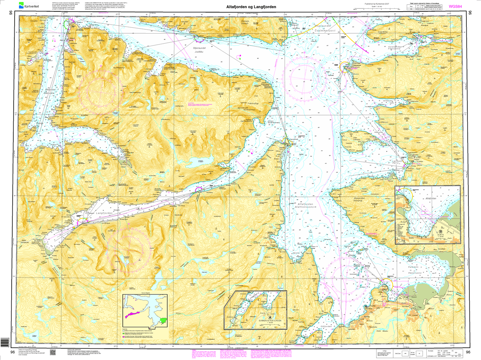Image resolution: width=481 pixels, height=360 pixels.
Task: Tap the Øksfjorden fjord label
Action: pos(51,91)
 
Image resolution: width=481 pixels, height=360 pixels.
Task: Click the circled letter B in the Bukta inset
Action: pos(440,232)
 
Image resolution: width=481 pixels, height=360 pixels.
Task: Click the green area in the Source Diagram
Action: pos(163,320)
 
